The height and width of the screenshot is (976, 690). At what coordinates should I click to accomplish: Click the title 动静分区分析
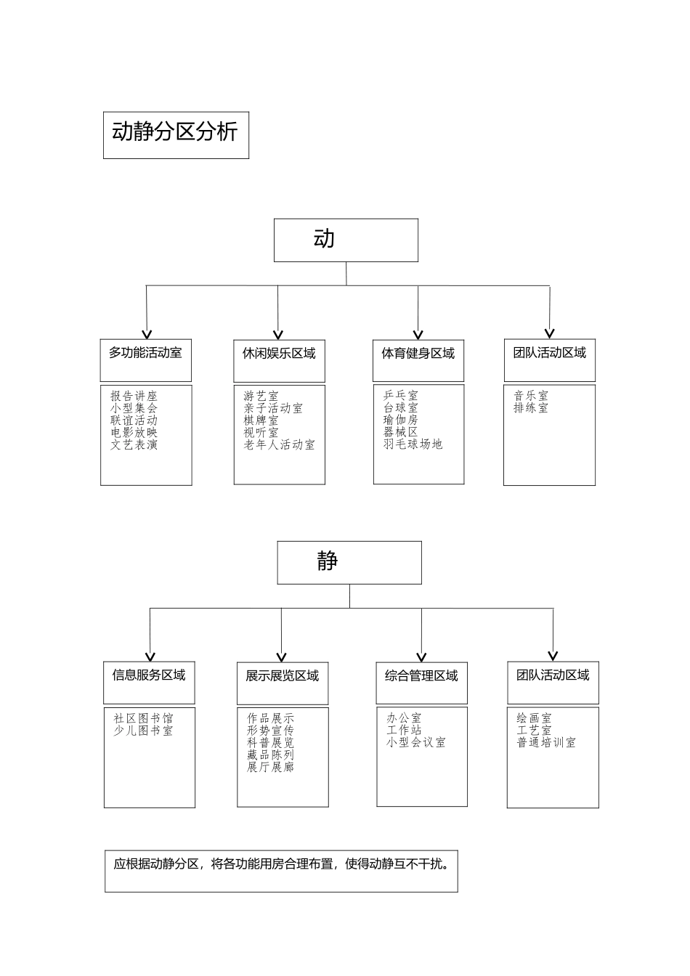(175, 132)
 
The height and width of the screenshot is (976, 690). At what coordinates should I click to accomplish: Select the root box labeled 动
(345, 240)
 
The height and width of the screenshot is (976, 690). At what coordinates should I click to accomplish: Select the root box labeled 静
(349, 562)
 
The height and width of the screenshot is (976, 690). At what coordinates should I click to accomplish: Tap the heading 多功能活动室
(145, 354)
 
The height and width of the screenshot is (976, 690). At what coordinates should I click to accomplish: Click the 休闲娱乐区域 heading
(279, 354)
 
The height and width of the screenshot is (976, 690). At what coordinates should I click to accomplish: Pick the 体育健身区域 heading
(418, 354)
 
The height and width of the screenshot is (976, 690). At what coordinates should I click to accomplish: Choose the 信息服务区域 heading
(149, 675)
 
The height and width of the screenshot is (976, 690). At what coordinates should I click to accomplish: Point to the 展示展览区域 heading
(282, 677)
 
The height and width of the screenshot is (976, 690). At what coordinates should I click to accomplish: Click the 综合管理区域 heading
(421, 677)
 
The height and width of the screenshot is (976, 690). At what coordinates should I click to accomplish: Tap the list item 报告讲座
(134, 396)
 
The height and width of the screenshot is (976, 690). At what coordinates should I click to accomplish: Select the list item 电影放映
(134, 433)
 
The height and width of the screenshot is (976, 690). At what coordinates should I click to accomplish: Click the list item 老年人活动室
(280, 445)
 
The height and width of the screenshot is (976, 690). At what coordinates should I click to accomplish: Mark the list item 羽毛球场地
(413, 444)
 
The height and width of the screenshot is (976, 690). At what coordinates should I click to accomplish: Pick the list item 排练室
(531, 408)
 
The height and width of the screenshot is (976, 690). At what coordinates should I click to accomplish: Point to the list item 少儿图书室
(143, 731)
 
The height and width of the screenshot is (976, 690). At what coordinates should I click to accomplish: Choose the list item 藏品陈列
(270, 755)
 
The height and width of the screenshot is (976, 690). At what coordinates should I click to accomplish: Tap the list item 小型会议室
(416, 743)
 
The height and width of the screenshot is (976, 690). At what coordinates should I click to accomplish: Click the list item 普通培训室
(546, 743)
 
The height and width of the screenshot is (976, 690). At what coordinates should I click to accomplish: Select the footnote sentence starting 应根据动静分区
(281, 865)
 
